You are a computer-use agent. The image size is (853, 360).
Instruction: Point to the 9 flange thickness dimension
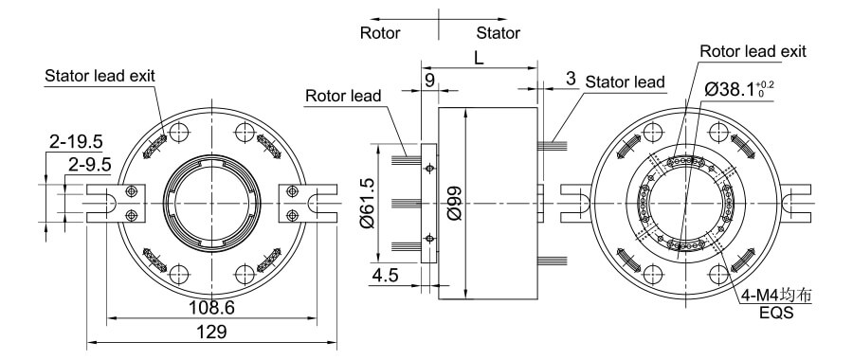(429, 81)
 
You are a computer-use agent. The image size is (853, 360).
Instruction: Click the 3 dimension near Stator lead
(571, 81)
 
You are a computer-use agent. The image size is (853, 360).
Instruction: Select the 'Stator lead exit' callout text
(100, 75)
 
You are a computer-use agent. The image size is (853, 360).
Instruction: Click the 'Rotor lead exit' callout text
(753, 50)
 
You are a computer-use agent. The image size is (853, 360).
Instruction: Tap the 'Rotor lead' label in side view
(343, 96)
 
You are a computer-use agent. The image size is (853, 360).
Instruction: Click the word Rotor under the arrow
(380, 33)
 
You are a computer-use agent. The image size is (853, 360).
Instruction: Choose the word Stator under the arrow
(498, 33)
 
